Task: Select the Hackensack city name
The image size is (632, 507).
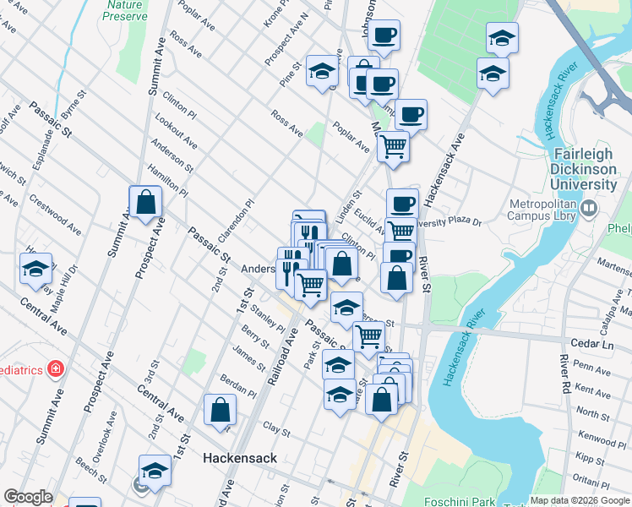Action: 240,458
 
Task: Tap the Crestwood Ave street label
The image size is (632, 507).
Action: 55,217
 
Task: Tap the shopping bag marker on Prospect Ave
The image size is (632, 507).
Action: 145,203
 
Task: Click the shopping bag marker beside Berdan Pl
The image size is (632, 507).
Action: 220,411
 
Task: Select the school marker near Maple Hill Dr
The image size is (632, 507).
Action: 35,270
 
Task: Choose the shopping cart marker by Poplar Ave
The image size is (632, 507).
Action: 393,146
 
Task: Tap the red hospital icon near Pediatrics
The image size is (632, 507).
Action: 56,368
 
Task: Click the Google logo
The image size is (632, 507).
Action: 28,497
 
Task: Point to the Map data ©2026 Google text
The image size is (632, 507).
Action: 580,500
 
